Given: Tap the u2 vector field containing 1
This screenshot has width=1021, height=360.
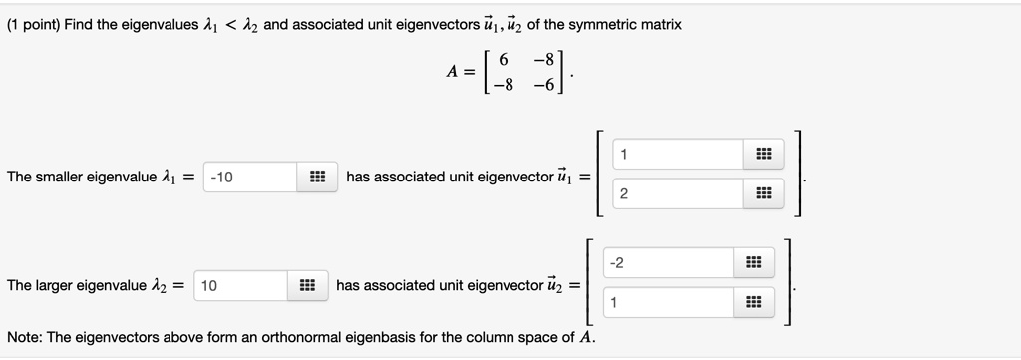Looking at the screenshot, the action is (669, 302).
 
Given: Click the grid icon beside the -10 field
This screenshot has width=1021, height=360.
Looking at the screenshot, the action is (317, 178).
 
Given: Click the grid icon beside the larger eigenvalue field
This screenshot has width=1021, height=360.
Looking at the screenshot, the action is (308, 286).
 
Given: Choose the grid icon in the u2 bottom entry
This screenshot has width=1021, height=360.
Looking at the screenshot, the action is (753, 302).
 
